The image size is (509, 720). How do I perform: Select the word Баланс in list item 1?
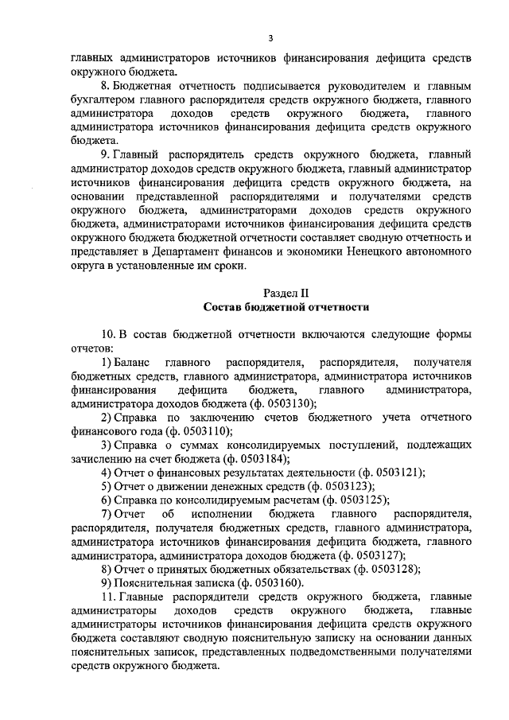coord(135,362)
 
